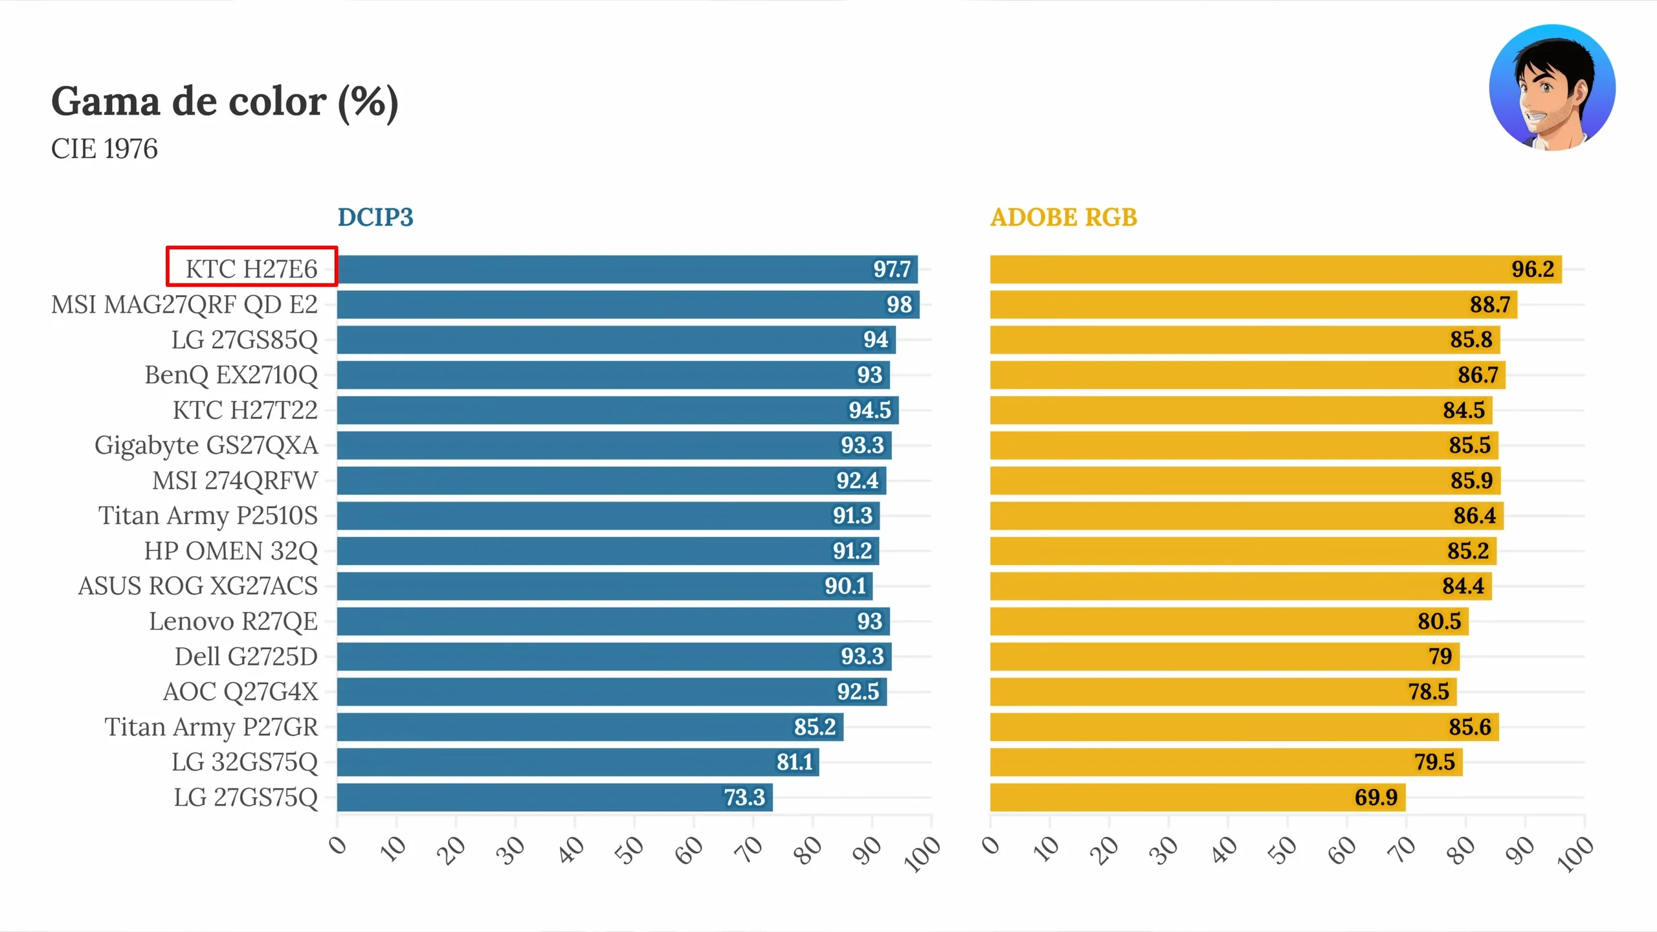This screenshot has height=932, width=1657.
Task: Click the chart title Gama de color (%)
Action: (225, 102)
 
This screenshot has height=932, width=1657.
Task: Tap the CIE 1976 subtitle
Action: (104, 149)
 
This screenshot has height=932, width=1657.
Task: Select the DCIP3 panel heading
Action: (375, 217)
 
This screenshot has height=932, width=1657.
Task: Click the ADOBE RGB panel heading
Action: (1063, 217)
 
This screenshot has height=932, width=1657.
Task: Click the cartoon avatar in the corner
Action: (1551, 88)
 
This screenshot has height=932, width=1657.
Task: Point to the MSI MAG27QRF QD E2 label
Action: (184, 304)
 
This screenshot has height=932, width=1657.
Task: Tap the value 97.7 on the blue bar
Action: (891, 269)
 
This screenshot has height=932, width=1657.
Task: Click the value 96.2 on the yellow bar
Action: (1532, 269)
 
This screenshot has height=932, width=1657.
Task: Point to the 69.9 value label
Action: (1375, 797)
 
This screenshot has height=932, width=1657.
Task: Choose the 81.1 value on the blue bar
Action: (794, 762)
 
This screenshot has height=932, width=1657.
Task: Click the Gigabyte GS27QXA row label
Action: (206, 445)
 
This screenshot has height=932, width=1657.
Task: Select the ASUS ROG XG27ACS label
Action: (198, 586)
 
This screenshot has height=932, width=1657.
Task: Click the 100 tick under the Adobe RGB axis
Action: (1574, 853)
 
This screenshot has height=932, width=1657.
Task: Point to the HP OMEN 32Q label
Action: (231, 551)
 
